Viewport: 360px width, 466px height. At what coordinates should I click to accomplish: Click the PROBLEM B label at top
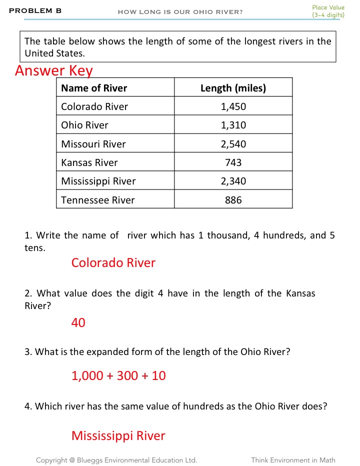[35, 10]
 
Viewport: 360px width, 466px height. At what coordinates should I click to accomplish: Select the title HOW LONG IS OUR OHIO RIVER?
[180, 12]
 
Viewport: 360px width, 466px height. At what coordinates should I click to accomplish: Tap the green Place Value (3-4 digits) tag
[328, 11]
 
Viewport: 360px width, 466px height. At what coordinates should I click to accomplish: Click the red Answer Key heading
[54, 70]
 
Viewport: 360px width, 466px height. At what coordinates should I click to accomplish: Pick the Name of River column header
[94, 88]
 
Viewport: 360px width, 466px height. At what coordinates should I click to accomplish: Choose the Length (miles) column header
[233, 88]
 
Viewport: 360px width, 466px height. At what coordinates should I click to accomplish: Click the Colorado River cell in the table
[94, 106]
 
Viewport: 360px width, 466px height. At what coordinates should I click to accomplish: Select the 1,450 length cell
[233, 106]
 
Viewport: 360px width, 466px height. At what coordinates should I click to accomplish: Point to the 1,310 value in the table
[233, 125]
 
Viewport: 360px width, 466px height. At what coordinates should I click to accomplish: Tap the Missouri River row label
[93, 144]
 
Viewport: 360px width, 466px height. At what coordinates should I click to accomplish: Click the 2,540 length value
[233, 144]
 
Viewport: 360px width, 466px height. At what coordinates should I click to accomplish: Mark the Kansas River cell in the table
[89, 162]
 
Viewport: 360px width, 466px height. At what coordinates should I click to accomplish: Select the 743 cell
[233, 162]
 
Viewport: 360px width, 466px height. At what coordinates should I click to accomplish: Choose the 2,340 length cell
[233, 181]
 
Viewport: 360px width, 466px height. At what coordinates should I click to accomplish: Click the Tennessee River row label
[98, 200]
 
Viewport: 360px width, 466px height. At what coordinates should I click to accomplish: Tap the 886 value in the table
[233, 200]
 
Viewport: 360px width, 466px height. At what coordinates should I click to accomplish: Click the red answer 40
[78, 323]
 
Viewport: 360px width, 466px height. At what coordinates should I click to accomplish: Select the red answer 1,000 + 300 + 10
[118, 375]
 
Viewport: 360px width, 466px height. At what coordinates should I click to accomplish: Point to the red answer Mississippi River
[118, 435]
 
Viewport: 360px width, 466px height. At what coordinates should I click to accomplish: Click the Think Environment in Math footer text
[293, 460]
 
